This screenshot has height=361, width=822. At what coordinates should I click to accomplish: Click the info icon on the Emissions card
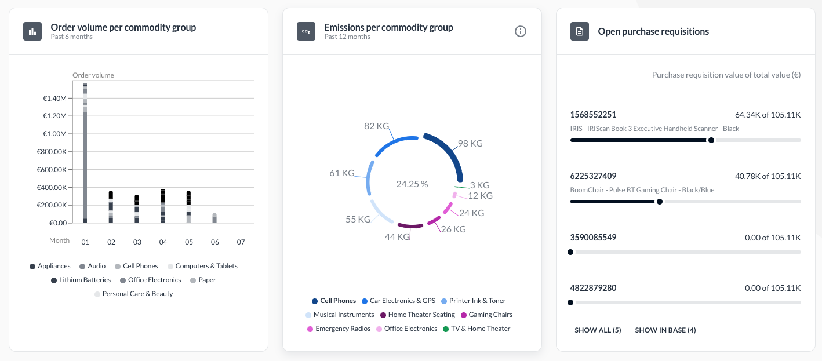click(521, 31)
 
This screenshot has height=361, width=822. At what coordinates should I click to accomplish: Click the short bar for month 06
click(214, 218)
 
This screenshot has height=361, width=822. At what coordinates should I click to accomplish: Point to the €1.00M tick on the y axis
click(54, 134)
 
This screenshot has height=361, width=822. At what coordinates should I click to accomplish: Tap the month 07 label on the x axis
click(241, 241)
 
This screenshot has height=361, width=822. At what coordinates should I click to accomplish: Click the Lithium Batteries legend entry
click(85, 280)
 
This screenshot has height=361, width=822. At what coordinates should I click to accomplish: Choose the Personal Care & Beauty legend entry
click(137, 294)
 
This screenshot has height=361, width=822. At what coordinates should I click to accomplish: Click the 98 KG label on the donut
click(470, 143)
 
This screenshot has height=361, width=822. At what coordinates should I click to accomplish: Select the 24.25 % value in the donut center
click(412, 184)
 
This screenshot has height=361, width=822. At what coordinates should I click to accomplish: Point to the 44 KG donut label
click(398, 236)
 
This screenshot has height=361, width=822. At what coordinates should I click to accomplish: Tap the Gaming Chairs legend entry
click(490, 315)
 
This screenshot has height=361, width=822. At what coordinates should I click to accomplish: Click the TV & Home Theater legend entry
click(481, 329)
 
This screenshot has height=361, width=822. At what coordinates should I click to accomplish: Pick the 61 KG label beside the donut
click(342, 173)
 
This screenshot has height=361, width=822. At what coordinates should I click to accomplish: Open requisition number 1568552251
click(593, 115)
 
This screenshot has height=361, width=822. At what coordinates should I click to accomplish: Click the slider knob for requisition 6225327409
click(660, 202)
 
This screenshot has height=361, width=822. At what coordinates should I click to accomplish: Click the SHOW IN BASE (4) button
click(665, 330)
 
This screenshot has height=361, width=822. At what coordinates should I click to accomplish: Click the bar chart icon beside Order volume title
click(32, 31)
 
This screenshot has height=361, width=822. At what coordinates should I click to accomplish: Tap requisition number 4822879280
click(593, 287)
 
